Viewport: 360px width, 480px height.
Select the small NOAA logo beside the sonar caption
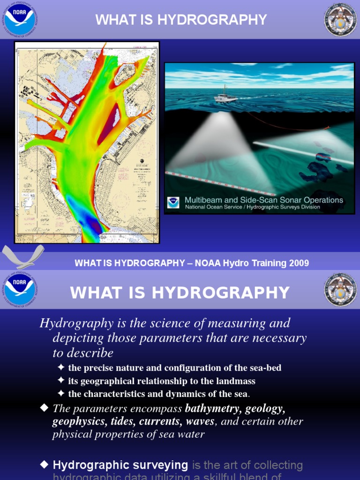[x=173, y=202]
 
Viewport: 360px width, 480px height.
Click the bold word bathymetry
[x=212, y=408]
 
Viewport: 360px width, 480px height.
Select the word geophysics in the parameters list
[x=79, y=421]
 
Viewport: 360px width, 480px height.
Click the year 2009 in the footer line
[x=299, y=263]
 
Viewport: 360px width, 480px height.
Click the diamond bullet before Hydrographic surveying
[x=45, y=465]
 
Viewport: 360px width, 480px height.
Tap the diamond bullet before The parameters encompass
[x=45, y=408]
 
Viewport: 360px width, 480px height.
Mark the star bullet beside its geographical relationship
[x=61, y=381]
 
